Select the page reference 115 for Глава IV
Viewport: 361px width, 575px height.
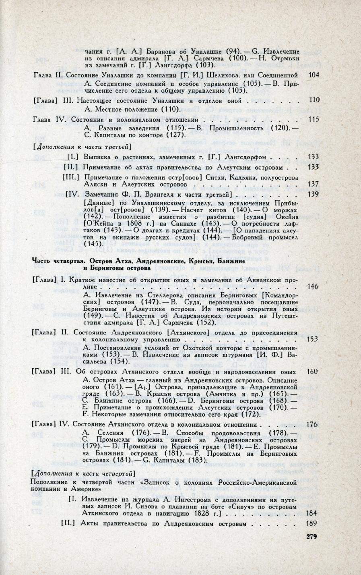coord(313,119)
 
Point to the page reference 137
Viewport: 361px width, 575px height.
coord(313,184)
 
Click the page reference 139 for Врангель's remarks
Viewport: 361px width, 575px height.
coord(313,194)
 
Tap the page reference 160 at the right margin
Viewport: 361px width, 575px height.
coord(312,371)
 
